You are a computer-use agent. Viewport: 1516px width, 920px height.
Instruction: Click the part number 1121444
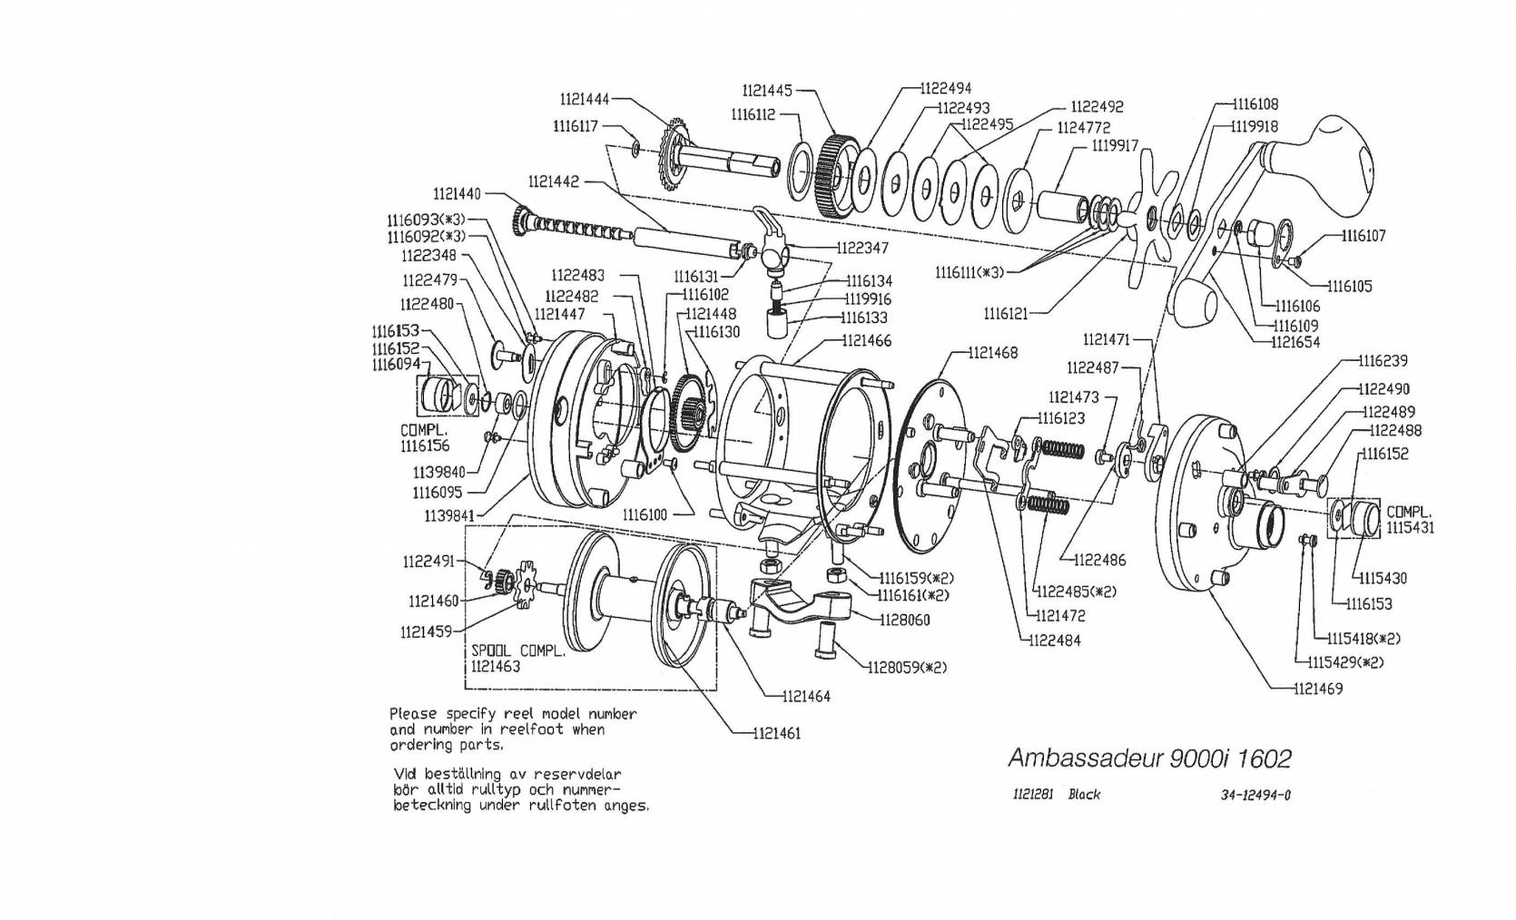[584, 99]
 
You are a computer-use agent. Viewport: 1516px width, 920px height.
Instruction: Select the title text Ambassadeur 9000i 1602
[1148, 758]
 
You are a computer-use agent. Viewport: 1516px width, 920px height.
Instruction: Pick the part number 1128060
[904, 620]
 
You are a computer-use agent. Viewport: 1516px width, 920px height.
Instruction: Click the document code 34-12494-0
[1255, 795]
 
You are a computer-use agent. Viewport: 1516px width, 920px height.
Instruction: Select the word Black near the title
[1084, 795]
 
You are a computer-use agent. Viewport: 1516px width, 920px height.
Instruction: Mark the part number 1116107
[1363, 236]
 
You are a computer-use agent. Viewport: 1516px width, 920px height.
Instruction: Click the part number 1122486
[1100, 560]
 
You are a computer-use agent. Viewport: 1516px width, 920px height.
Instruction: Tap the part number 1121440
[457, 193]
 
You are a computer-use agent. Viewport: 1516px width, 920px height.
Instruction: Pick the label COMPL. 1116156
[424, 437]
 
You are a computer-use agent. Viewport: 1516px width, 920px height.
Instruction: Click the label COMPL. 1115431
[1410, 519]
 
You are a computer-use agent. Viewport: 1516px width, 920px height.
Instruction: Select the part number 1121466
[866, 340]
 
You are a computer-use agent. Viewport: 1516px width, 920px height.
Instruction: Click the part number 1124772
[1083, 127]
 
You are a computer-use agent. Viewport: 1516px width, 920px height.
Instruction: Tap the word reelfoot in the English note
[532, 729]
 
